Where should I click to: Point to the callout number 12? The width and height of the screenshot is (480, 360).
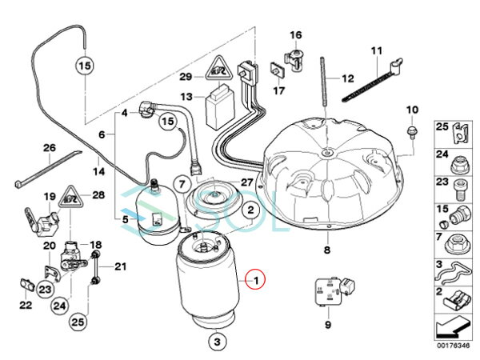pyautogui.click(x=346, y=79)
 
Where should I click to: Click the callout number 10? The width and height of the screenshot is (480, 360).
pyautogui.click(x=412, y=109)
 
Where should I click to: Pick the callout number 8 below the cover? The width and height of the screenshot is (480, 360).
pyautogui.click(x=326, y=250)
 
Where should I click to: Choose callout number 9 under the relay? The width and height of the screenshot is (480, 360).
pyautogui.click(x=326, y=326)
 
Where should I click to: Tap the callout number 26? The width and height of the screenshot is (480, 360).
pyautogui.click(x=49, y=148)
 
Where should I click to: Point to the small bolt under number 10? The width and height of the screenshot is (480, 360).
pyautogui.click(x=411, y=129)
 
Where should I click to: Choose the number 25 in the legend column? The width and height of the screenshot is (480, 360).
pyautogui.click(x=441, y=127)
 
